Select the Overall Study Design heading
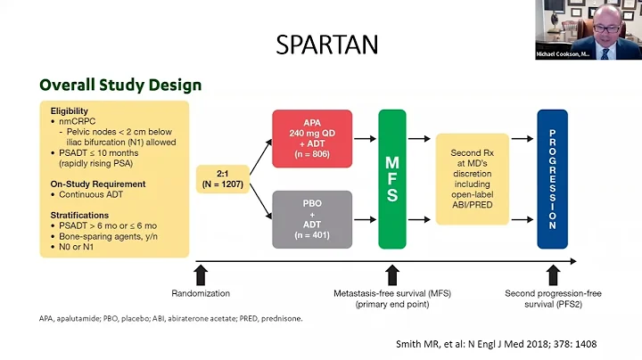[x=119, y=86]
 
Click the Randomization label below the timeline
[x=200, y=293]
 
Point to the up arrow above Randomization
[x=200, y=273]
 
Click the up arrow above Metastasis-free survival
[x=392, y=273]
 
